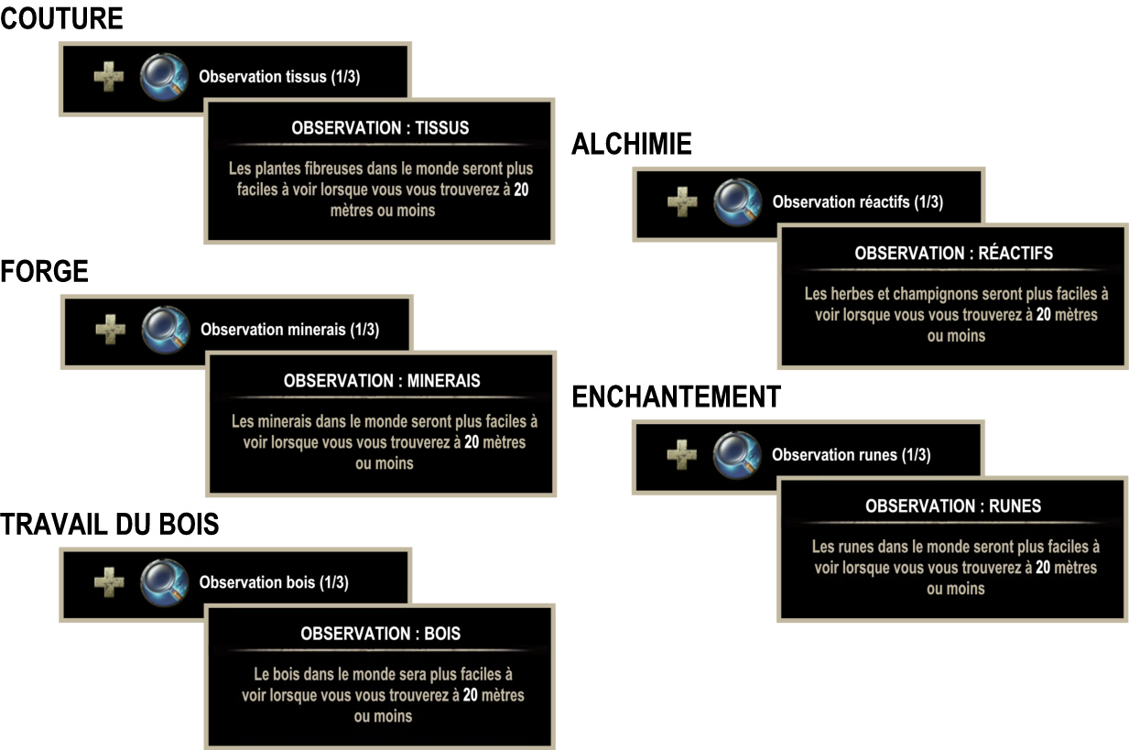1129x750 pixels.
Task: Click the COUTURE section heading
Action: click(61, 18)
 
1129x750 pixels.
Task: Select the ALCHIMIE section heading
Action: click(632, 144)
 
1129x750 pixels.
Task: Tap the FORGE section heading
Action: click(44, 272)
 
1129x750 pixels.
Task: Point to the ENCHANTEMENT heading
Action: click(677, 397)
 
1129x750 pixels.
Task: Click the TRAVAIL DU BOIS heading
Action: click(109, 524)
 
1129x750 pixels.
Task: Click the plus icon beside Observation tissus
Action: click(109, 77)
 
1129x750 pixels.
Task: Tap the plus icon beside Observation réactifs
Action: click(682, 201)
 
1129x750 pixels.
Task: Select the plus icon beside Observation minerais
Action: click(111, 330)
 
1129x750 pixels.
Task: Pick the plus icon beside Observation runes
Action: click(682, 454)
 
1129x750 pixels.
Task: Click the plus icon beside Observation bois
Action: click(109, 582)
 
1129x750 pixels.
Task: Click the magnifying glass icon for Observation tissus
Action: click(164, 77)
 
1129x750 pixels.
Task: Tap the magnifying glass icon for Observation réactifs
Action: click(738, 202)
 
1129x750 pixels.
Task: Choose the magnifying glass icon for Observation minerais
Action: click(166, 331)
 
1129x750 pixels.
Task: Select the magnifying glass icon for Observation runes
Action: click(737, 455)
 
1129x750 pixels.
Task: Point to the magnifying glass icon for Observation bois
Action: click(164, 582)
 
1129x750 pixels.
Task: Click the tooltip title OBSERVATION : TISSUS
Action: click(380, 128)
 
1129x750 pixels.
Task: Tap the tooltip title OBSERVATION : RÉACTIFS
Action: click(953, 253)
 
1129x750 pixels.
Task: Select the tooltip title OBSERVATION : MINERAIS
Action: click(382, 381)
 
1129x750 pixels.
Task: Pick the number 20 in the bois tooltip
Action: click(470, 695)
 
